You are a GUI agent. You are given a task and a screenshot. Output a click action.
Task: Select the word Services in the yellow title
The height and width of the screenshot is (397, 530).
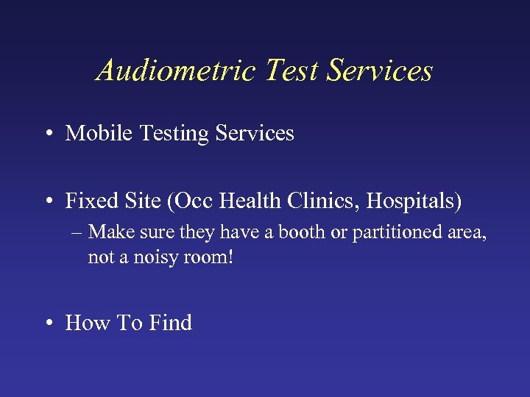pyautogui.click(x=381, y=71)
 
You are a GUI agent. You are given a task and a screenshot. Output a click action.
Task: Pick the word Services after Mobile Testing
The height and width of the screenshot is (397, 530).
pyautogui.click(x=255, y=133)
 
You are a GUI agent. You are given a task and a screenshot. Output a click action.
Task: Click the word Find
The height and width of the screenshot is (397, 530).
pyautogui.click(x=170, y=323)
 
